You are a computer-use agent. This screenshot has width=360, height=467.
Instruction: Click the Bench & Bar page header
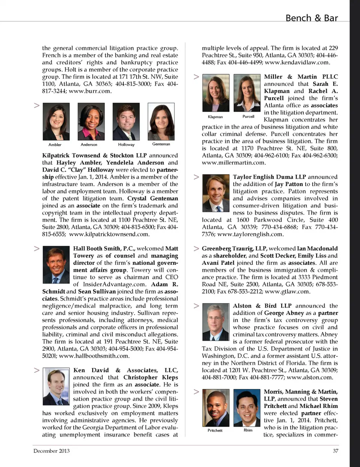point(311,18)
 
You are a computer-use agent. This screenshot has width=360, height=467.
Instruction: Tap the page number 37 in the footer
point(335,451)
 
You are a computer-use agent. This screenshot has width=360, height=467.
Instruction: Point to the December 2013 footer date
point(51,451)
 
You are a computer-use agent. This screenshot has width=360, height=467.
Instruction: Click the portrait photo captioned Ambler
point(56,122)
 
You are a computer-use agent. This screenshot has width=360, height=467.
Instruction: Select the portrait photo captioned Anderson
point(91,122)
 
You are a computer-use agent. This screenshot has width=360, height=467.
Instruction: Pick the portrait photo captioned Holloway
point(126,122)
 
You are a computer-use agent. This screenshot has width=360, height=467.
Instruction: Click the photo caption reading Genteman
point(161,144)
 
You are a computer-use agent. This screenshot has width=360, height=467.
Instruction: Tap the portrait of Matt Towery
point(56,264)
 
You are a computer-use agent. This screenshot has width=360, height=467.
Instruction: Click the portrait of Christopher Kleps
point(56,386)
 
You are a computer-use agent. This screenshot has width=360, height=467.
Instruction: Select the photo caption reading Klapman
point(215,117)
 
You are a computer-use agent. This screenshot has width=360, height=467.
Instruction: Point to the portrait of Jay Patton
point(216,193)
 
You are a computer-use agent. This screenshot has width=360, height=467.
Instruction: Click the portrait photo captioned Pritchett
point(216,408)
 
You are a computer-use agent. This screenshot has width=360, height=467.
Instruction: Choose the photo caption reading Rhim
point(248,430)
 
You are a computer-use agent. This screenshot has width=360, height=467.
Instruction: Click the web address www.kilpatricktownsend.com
point(109,234)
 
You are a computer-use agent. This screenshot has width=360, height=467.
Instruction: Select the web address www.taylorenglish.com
point(250,234)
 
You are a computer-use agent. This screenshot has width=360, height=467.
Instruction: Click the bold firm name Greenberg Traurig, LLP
point(234,248)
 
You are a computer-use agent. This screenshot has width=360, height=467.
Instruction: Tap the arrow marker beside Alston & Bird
point(196,306)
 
